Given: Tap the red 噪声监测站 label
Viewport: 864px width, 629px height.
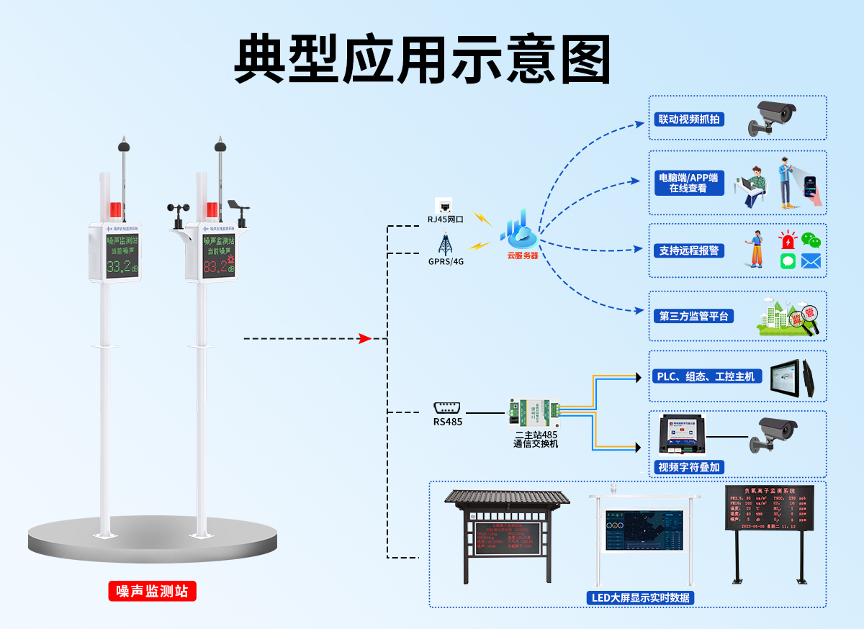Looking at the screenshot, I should coord(152,592).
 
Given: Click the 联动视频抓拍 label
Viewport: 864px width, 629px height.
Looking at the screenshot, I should coord(688,119).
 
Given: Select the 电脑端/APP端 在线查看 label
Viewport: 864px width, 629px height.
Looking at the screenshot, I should coord(688,183).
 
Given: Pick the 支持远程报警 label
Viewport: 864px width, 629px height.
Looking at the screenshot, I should coord(689,250).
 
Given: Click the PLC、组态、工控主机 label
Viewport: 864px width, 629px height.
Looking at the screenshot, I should coord(706,376).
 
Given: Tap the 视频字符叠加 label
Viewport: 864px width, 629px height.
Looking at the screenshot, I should coord(689,467).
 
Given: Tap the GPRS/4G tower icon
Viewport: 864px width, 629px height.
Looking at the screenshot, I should coord(445,243).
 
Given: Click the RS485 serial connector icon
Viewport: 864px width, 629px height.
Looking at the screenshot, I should coord(447,407).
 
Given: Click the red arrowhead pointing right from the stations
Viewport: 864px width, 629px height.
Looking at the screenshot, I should coord(365,338).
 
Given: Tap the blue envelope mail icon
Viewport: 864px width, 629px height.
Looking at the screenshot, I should coord(811,261).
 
